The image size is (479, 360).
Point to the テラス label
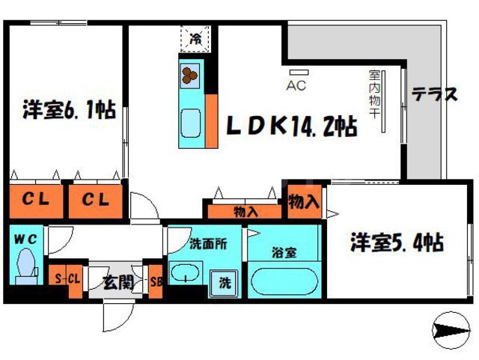pos(434,94)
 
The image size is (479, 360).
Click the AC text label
pos(296,85)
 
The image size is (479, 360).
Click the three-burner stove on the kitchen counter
pos(190,74)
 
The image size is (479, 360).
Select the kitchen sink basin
pos(191,121)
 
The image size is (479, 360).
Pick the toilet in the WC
pos(26,266)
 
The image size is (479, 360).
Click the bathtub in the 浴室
pos(284,282)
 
